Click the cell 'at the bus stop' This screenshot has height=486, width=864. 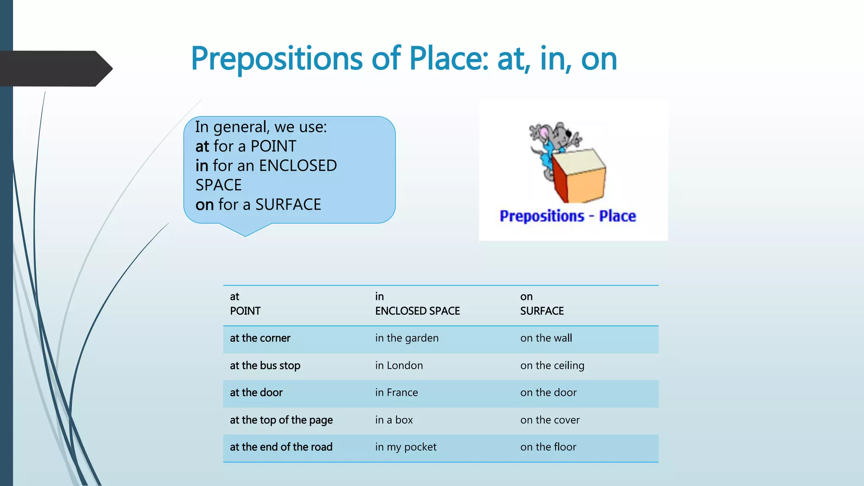coord(265,366)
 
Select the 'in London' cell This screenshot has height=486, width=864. coord(399,366)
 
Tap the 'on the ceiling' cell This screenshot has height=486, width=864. coord(552,366)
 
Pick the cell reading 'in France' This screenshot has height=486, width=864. coord(397,393)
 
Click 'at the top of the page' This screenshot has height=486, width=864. coord(281,420)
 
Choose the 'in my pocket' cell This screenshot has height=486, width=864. coord(406,447)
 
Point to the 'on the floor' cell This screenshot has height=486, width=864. coord(548,447)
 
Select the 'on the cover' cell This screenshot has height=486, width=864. coord(550,420)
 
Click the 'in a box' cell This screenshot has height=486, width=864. coord(394,420)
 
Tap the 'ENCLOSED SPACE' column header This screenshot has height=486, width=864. coord(417,311)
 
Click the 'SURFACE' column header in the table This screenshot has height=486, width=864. coord(542,311)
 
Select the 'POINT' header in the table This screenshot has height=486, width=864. coord(245,311)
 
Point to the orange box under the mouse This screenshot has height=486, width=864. coord(580,177)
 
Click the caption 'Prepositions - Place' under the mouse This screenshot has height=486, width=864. coord(567,216)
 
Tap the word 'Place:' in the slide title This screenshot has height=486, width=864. coord(449,59)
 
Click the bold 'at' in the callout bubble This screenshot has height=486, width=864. coord(202,146)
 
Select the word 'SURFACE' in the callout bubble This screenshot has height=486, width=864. coord(288,205)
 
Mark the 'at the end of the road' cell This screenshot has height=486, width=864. coord(281,447)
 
